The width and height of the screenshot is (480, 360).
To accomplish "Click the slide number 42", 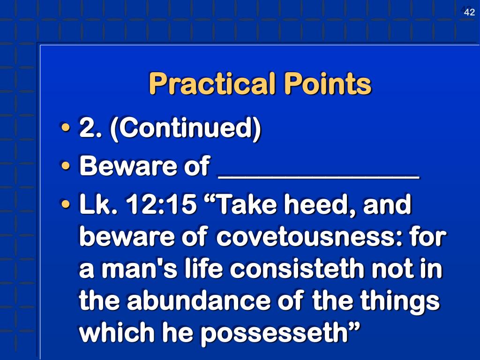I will click(469, 13).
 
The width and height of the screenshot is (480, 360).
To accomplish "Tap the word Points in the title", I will click(327, 84).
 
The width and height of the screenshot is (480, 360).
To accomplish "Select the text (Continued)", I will click(185, 128).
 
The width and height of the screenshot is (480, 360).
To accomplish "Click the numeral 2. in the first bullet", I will click(91, 128).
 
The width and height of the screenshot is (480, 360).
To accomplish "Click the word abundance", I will click(181, 301).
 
